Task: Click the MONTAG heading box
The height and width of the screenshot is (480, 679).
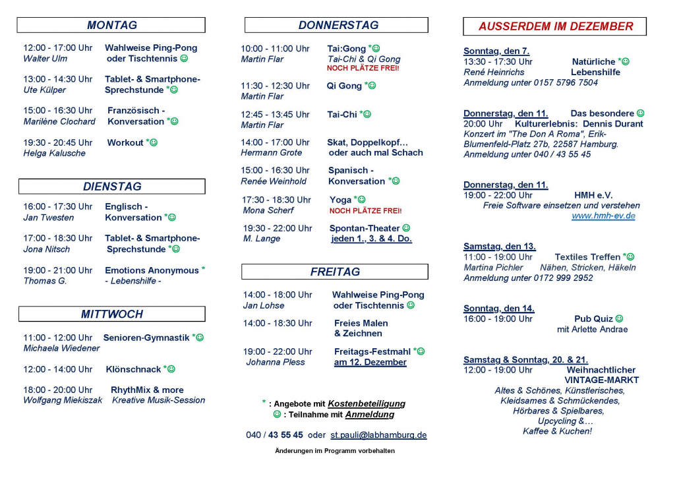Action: coord(111,25)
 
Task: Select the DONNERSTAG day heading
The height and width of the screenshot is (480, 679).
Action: coord(336,25)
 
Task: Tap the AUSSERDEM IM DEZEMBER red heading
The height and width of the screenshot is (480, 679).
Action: coord(555,26)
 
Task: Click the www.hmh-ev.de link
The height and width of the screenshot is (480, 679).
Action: coord(603,216)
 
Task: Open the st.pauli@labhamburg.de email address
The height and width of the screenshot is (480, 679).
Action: coord(378,435)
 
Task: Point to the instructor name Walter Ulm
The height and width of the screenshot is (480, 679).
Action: coord(45,59)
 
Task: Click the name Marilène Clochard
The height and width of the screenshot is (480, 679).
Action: coord(59,121)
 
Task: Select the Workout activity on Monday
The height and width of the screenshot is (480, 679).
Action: coord(125,142)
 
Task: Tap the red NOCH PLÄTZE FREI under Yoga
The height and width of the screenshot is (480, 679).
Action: coord(365,211)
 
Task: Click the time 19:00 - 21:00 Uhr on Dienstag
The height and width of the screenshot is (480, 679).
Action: coord(58,270)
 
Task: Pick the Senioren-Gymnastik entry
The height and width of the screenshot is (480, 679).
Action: coord(146,338)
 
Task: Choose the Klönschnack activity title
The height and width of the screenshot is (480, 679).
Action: coord(134,369)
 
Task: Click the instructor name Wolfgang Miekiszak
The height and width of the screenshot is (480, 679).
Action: coord(63,400)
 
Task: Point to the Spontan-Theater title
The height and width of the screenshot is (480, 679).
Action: coord(365,228)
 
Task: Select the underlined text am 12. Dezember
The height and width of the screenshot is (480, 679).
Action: coord(370,362)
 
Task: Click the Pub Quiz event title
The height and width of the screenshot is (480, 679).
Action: coord(584,319)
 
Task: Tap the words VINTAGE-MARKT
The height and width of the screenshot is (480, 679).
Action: coord(602,380)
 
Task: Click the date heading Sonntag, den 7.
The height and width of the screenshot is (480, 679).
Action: coord(496,51)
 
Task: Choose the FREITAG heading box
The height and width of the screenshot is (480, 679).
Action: coord(335,272)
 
